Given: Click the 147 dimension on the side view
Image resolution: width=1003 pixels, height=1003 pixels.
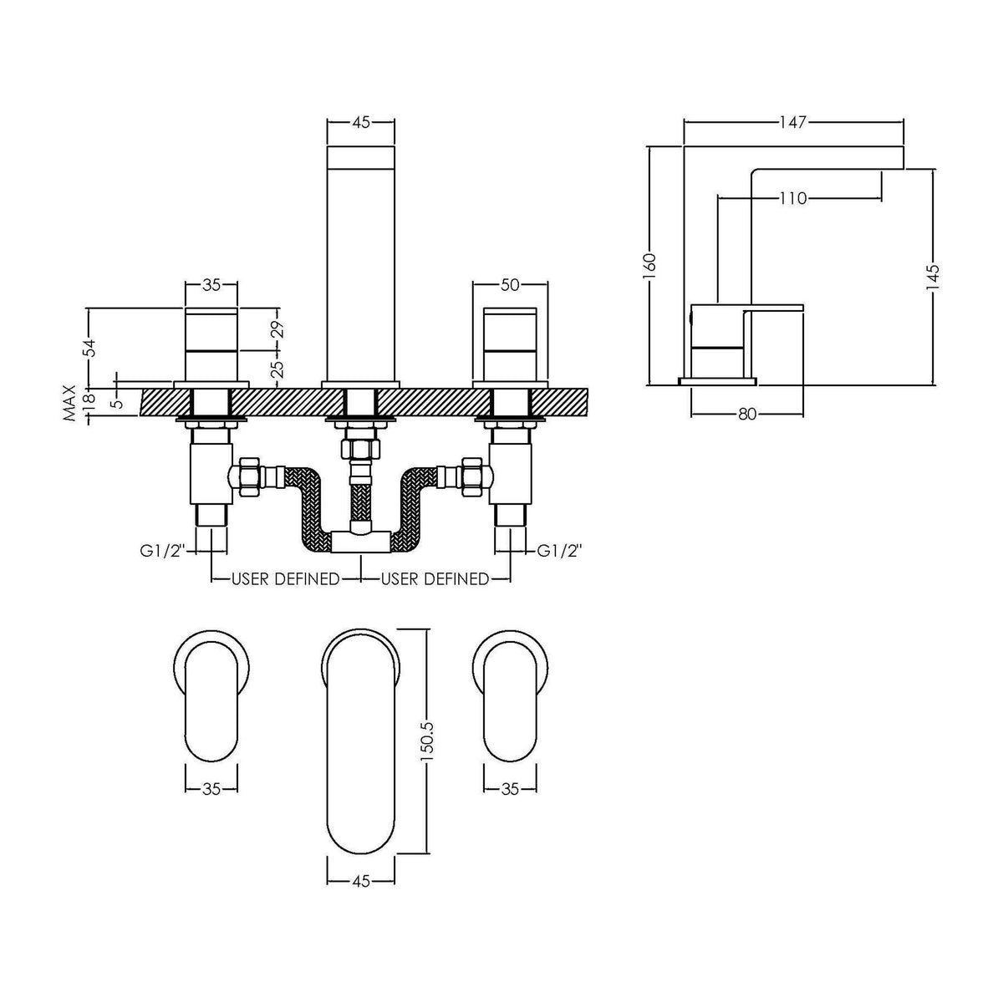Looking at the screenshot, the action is click(x=792, y=122).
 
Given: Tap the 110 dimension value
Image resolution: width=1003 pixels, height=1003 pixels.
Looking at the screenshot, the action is click(x=792, y=198).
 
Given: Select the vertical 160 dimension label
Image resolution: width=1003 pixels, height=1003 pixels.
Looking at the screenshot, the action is click(x=650, y=267).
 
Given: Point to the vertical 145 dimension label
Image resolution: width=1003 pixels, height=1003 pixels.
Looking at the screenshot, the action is click(x=934, y=279).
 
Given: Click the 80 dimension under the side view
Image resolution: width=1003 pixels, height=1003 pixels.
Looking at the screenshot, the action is click(x=747, y=414).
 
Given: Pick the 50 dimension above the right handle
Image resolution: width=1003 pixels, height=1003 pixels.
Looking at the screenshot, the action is click(x=510, y=285).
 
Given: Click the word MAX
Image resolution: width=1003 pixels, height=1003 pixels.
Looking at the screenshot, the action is click(x=69, y=402).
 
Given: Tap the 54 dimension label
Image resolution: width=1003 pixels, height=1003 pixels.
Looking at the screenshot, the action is click(x=89, y=349).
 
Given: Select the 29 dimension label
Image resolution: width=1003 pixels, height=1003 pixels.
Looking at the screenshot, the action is click(x=278, y=329).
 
